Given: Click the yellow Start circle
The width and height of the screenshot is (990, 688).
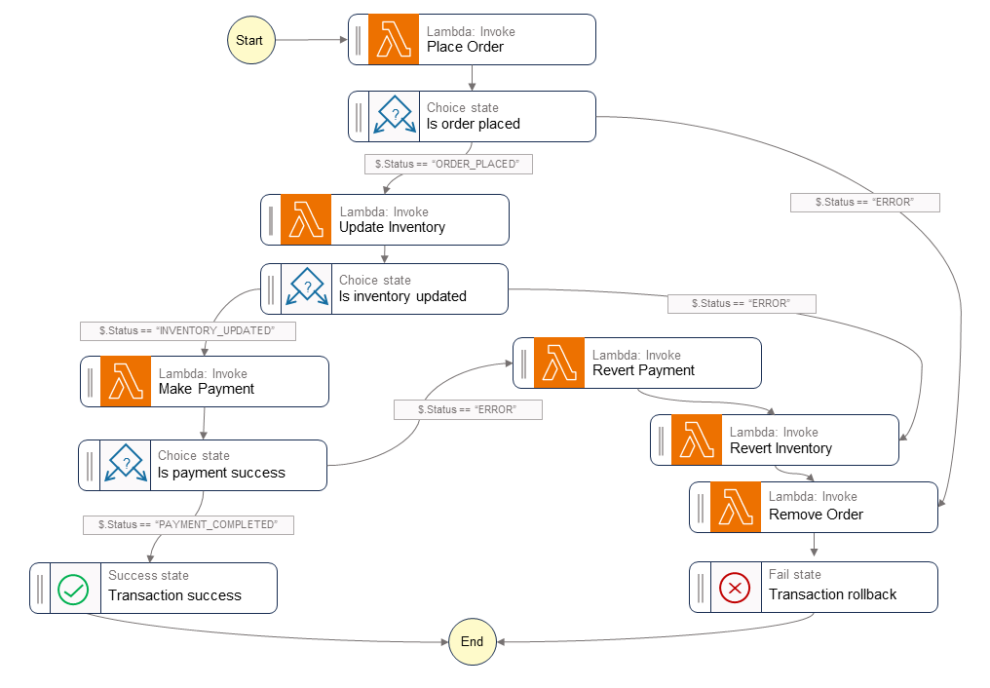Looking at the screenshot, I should (x=249, y=40).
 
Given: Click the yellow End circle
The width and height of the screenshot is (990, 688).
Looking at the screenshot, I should (x=472, y=641).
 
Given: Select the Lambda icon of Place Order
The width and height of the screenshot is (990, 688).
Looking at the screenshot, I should (x=394, y=40).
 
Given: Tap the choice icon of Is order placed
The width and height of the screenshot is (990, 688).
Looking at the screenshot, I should (x=394, y=117).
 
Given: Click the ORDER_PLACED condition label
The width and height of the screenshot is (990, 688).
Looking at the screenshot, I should (x=448, y=165).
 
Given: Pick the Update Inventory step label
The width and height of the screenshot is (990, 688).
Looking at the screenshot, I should (x=392, y=227).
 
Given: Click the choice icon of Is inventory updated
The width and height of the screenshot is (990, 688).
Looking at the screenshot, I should (x=307, y=289).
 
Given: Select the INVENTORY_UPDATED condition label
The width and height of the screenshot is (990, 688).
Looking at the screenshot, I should (x=187, y=331).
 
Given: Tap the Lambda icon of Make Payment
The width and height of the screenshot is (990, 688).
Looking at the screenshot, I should (x=126, y=381).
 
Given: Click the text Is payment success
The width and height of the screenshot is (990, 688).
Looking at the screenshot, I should (x=221, y=473).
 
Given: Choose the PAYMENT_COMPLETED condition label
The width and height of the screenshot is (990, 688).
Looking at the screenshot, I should (x=188, y=524).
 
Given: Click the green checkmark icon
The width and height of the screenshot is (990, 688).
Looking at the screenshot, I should (x=74, y=589).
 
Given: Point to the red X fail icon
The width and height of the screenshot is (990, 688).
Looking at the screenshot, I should (x=734, y=588).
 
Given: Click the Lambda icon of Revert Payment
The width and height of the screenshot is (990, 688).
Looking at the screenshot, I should (x=559, y=363).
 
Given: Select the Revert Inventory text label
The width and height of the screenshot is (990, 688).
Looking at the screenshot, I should (x=781, y=448).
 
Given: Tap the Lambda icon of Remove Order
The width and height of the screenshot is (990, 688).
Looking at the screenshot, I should (x=736, y=507).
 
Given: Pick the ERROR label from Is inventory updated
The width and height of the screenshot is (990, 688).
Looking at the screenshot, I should (x=741, y=303).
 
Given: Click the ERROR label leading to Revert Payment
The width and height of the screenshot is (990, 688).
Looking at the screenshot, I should (x=468, y=409).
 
